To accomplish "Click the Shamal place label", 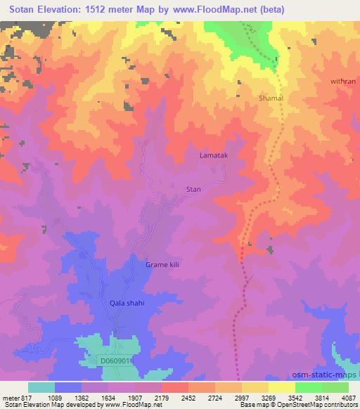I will pyautogui.click(x=271, y=98).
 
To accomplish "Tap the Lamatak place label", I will pyautogui.click(x=214, y=155).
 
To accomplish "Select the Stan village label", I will pyautogui.click(x=193, y=189).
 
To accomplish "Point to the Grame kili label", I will pyautogui.click(x=163, y=264).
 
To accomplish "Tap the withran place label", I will pyautogui.click(x=343, y=82).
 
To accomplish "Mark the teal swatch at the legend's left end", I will pyautogui.click(x=41, y=387).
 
